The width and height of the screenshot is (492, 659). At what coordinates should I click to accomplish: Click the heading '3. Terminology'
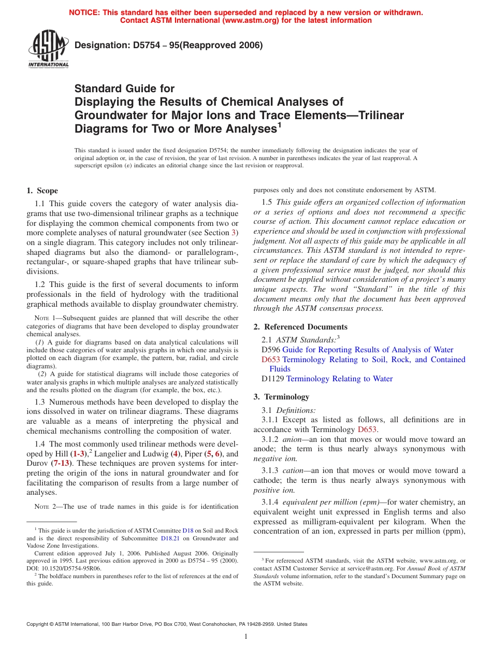281,397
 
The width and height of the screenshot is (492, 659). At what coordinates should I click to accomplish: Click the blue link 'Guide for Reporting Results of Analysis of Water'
368,350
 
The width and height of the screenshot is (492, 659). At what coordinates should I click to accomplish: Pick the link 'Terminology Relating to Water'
339,379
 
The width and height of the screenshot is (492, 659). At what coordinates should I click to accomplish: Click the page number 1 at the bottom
246,637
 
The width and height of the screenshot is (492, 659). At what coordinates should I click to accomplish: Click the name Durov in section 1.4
37,463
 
